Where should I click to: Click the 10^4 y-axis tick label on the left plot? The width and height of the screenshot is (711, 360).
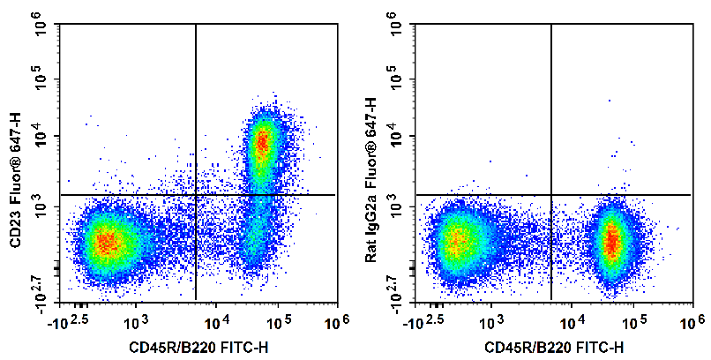coord(41,137)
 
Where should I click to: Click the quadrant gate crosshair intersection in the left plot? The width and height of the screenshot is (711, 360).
coord(195,194)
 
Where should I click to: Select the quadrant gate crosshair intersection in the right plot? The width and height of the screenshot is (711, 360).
coord(551,194)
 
